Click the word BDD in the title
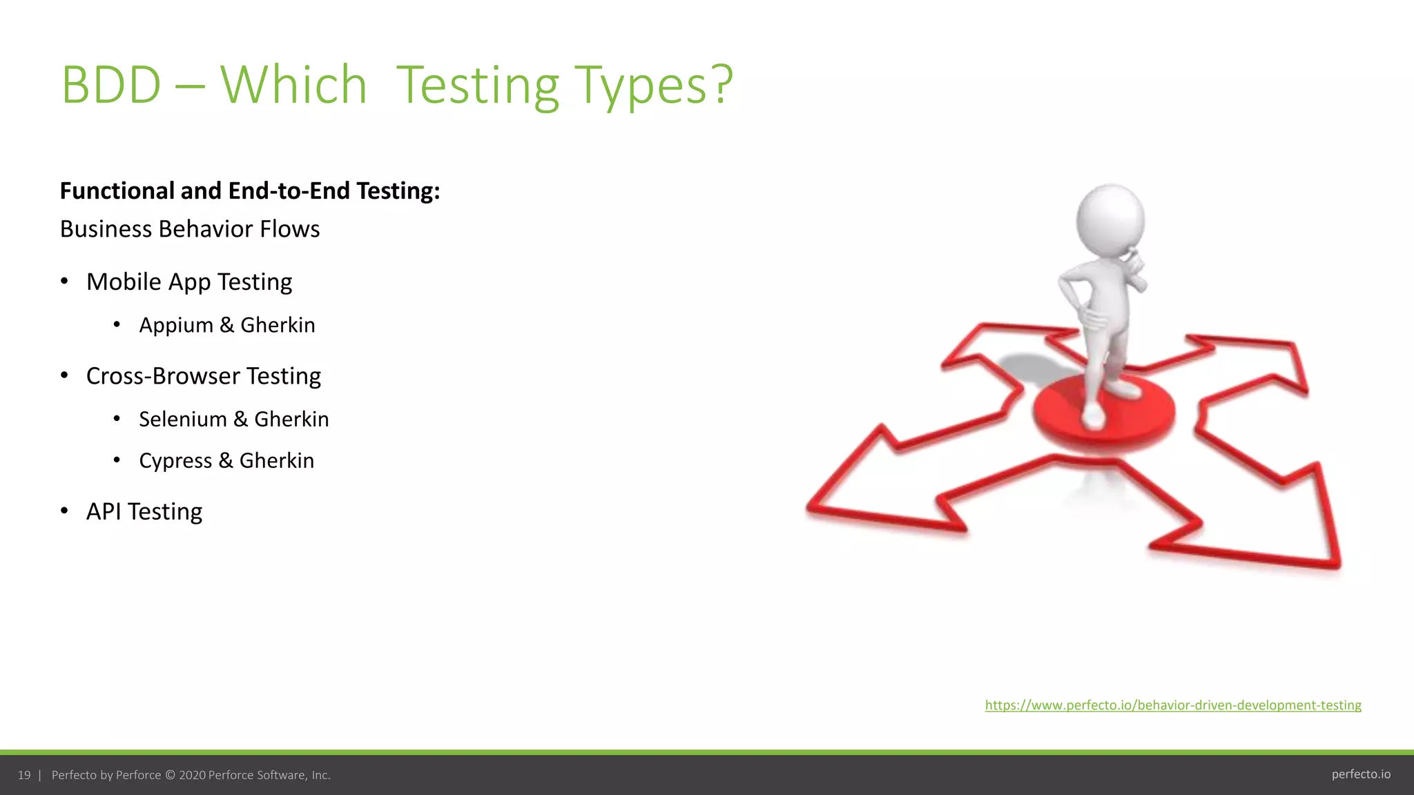(x=111, y=85)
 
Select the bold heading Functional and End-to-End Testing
(x=249, y=191)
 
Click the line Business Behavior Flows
(x=190, y=229)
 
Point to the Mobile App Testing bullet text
(x=189, y=282)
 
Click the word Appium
(x=176, y=325)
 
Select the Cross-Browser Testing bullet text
(x=204, y=376)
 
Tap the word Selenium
(x=183, y=420)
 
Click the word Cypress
(x=175, y=461)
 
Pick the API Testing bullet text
(x=144, y=511)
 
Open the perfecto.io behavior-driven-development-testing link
(x=1173, y=705)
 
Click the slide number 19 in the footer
(x=24, y=776)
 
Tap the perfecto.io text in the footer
(x=1361, y=774)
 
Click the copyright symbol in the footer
(x=170, y=776)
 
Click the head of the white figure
(x=1110, y=221)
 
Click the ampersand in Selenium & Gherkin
(x=240, y=420)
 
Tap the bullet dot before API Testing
(x=64, y=511)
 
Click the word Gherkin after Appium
(x=278, y=325)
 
